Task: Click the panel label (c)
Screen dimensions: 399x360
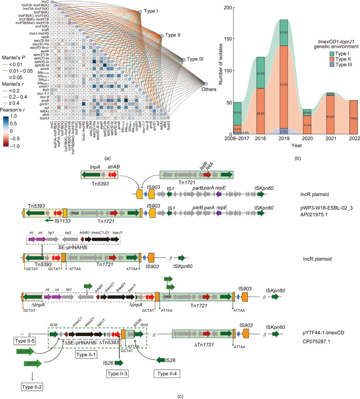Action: (180, 395)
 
